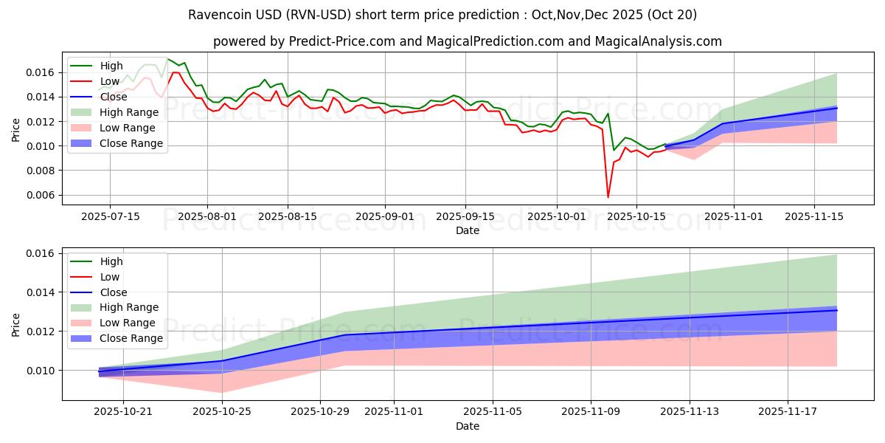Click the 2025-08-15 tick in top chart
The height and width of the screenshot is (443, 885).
click(287, 217)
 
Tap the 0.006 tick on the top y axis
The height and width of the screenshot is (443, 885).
click(44, 195)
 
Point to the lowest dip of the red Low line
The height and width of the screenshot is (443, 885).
click(608, 197)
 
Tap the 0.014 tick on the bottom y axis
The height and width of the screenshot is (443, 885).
click(44, 292)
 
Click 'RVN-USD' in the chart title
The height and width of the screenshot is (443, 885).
click(300, 15)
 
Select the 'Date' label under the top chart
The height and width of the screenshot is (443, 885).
click(468, 230)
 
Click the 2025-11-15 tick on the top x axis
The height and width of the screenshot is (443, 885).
click(814, 217)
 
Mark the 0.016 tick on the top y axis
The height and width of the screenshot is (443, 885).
click(44, 72)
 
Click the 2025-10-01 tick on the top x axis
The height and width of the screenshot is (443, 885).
click(557, 217)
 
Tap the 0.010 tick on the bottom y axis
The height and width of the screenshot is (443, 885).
click(44, 371)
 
